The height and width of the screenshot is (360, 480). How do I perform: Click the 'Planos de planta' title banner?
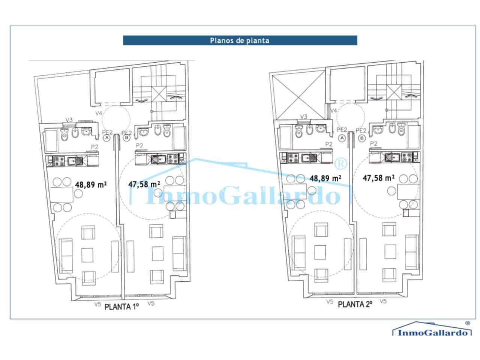click(240, 40)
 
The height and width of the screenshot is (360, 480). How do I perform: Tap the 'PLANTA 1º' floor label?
click(122, 306)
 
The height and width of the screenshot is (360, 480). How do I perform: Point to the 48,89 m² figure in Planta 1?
click(90, 184)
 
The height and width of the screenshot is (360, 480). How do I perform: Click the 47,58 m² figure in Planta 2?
click(378, 178)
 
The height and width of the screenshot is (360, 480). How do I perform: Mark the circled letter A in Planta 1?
click(107, 138)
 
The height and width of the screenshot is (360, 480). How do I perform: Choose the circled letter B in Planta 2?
click(362, 138)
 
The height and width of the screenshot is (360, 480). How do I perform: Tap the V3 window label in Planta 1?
click(69, 120)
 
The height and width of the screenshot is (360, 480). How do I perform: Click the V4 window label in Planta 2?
click(333, 111)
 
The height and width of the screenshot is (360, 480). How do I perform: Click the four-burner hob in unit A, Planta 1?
click(60, 161)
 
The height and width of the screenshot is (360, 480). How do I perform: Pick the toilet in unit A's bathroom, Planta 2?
click(299, 132)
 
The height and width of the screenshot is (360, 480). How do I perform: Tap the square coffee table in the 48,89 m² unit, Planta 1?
click(88, 255)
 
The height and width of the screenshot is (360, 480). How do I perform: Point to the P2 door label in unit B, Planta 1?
click(140, 145)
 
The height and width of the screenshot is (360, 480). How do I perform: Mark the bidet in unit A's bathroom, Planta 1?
click(75, 133)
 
